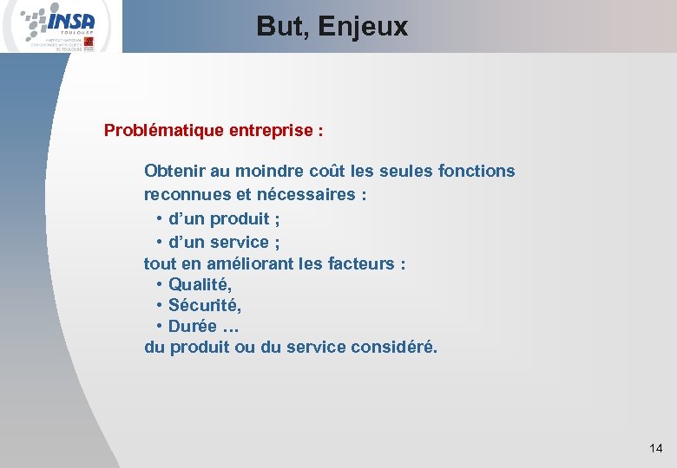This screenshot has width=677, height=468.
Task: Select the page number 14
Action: pyautogui.click(x=655, y=448)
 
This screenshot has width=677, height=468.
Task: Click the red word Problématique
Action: pyautogui.click(x=164, y=131)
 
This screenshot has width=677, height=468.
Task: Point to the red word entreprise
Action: pyautogui.click(x=272, y=131)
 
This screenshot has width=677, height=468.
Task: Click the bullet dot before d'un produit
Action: pyautogui.click(x=161, y=218)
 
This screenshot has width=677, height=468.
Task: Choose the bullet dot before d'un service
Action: pyautogui.click(x=161, y=242)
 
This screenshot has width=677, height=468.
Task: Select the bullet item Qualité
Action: pyautogui.click(x=200, y=284)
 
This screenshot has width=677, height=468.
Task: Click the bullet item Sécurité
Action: pyautogui.click(x=205, y=305)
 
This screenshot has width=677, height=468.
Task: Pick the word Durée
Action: pyautogui.click(x=192, y=327)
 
